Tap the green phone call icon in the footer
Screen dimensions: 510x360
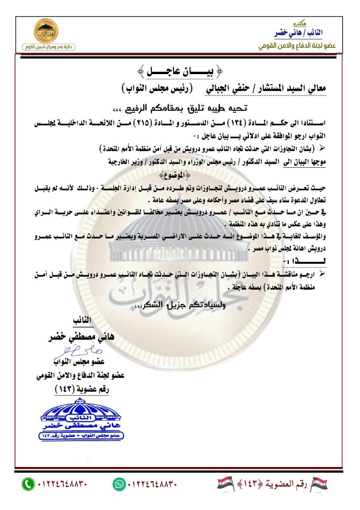pyautogui.click(x=28, y=484)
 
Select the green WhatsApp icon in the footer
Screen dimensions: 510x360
pyautogui.click(x=119, y=484)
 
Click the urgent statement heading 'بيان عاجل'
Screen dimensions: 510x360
pyautogui.click(x=180, y=73)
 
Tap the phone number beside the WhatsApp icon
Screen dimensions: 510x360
pyautogui.click(x=151, y=484)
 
